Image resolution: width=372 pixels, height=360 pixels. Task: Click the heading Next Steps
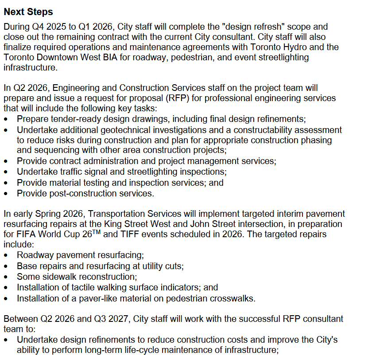point(28,12)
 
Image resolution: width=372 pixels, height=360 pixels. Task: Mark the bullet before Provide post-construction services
point(6,194)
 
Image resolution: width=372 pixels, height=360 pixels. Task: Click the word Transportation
point(125,214)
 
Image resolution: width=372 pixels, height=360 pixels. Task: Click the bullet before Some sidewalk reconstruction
point(6,277)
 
